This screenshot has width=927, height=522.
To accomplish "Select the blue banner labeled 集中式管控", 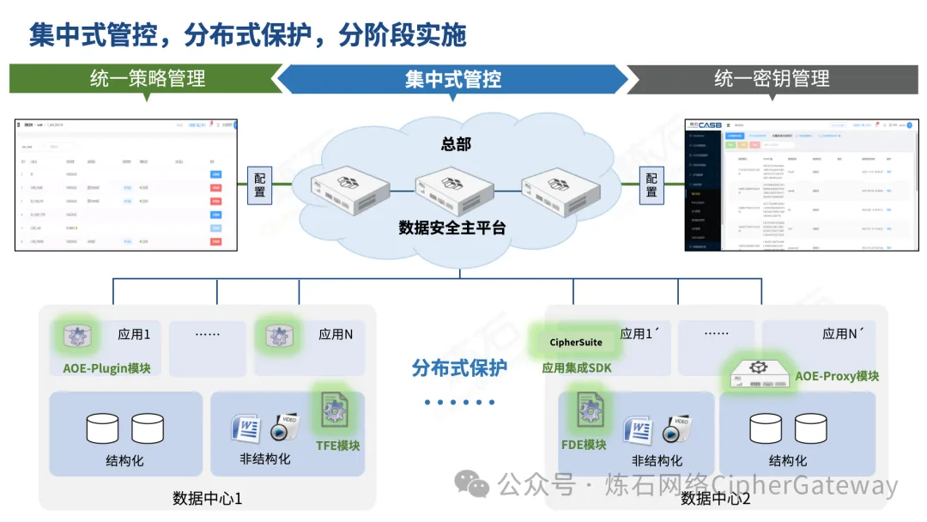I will click(453, 80).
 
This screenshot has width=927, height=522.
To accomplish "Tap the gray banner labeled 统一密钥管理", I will click(772, 79).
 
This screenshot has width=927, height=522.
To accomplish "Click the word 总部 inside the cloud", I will click(456, 143).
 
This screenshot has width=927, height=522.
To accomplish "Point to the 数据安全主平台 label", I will click(452, 228).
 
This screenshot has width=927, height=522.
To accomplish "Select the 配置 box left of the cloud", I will click(260, 185).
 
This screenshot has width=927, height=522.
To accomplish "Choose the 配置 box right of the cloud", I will click(651, 185).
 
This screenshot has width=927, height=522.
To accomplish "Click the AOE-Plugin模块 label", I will click(107, 368).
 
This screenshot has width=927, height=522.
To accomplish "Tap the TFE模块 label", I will click(337, 445).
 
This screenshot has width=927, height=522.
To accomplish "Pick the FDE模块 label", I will click(584, 444).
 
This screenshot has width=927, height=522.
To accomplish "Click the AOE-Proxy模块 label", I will click(837, 376).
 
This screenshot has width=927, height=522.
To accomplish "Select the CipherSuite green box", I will click(576, 342).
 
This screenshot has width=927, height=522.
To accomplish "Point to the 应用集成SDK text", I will click(576, 368).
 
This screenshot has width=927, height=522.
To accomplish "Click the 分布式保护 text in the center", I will click(459, 368).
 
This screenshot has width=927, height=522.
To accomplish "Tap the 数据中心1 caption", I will click(208, 498).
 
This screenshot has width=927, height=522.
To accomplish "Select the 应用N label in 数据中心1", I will click(336, 335).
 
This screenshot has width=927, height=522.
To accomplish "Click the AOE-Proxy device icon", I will click(758, 373).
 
